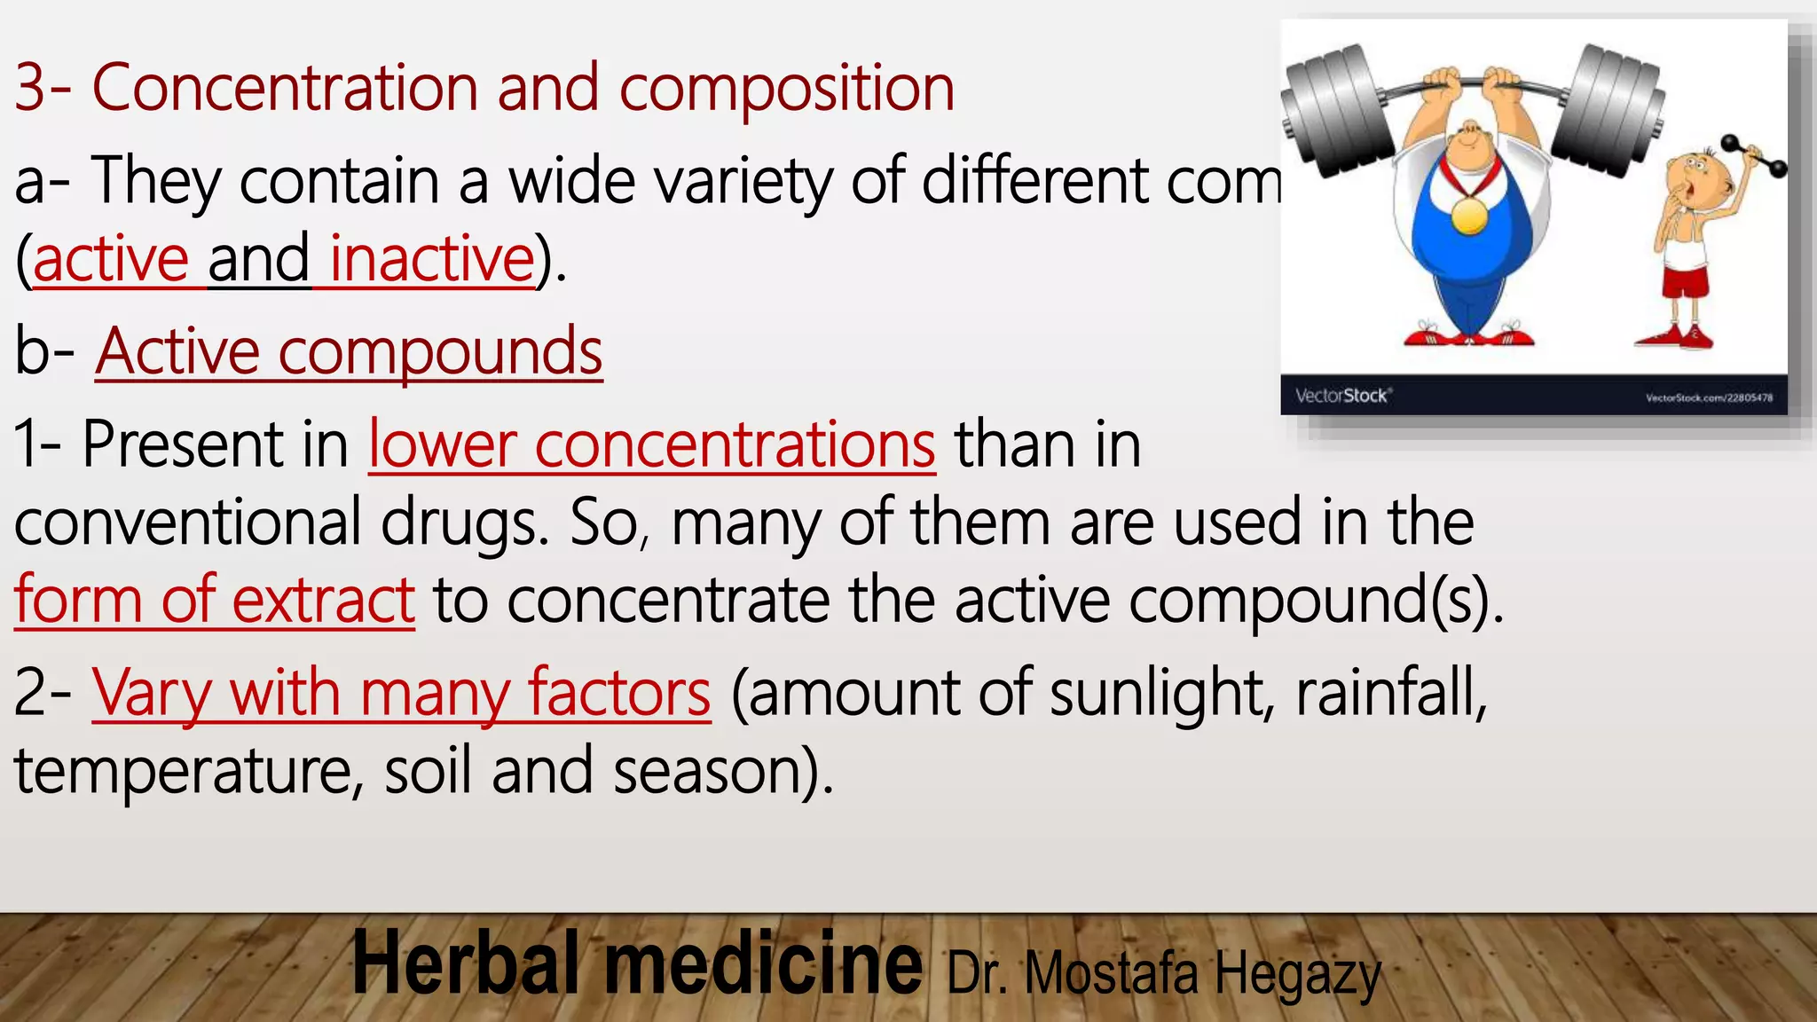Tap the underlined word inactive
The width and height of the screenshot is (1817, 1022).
point(431,259)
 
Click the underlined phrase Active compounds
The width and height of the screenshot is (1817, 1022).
point(349,352)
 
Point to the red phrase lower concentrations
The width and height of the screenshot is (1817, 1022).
point(651,444)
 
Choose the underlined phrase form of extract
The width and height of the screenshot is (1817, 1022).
point(214,601)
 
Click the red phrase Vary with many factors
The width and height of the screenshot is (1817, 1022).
point(401,693)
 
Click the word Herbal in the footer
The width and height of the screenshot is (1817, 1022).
point(466,964)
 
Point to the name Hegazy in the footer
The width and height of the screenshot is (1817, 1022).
point(1297,974)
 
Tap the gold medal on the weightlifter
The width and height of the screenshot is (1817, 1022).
point(1470,215)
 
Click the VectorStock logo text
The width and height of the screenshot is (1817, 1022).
point(1342,396)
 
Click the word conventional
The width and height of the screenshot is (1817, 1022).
point(187,523)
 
